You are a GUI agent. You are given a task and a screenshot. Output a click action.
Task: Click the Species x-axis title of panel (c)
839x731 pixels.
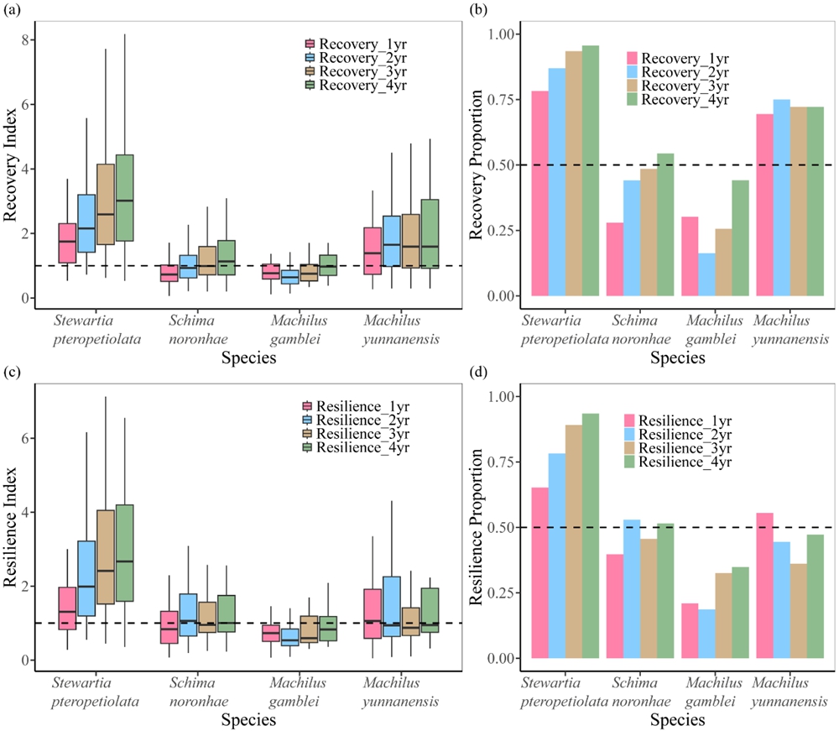pyautogui.click(x=248, y=719)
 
